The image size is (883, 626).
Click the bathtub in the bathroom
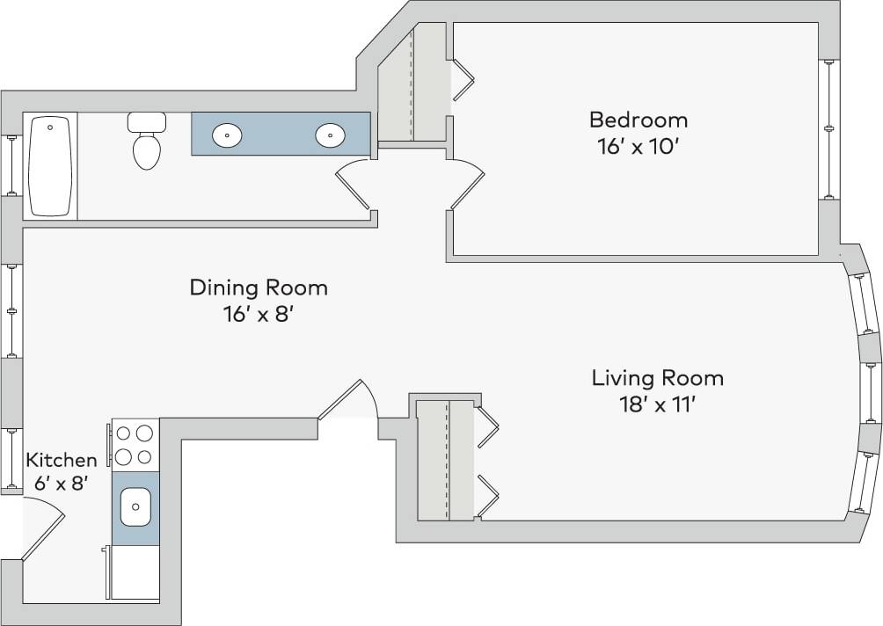point(50,165)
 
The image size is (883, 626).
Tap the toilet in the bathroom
point(147,142)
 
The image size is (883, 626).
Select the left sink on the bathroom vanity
point(228,135)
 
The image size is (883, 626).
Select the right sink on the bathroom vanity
point(330,135)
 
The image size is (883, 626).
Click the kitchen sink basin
point(135,507)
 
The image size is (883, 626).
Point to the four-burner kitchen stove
point(135,444)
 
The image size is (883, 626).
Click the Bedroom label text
point(638,120)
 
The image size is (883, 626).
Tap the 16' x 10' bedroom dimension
point(638,146)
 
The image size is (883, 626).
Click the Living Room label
point(657,378)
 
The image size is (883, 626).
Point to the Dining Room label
point(259,288)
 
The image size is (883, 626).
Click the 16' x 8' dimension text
point(258,314)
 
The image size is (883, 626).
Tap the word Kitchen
point(61,460)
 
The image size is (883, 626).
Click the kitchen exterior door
point(42,528)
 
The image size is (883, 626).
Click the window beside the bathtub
point(11,165)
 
